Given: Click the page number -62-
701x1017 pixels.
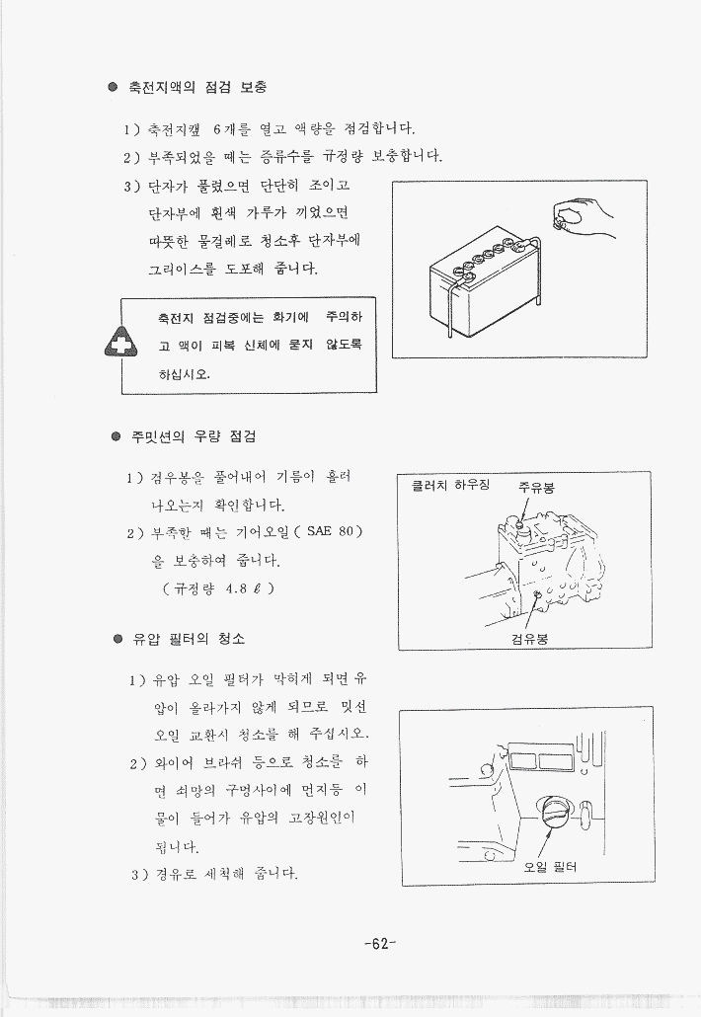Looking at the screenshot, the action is (x=380, y=944).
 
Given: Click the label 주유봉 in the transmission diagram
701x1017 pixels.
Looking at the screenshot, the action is (x=536, y=487).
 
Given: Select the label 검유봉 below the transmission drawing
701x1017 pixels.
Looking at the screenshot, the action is (x=529, y=639).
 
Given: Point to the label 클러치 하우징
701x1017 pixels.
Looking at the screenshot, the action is (x=450, y=485).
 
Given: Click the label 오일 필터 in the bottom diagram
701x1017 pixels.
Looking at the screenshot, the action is (x=550, y=867).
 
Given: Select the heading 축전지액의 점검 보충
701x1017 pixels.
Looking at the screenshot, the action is (x=197, y=87).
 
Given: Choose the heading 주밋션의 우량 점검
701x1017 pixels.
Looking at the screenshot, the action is (x=194, y=436).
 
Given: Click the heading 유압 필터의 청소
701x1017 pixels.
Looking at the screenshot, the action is (x=189, y=639).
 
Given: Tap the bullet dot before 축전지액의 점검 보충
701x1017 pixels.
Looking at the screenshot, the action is (x=113, y=87).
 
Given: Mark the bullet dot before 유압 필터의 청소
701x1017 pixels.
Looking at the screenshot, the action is (x=117, y=639).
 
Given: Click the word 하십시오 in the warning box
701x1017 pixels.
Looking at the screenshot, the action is (x=185, y=374).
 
